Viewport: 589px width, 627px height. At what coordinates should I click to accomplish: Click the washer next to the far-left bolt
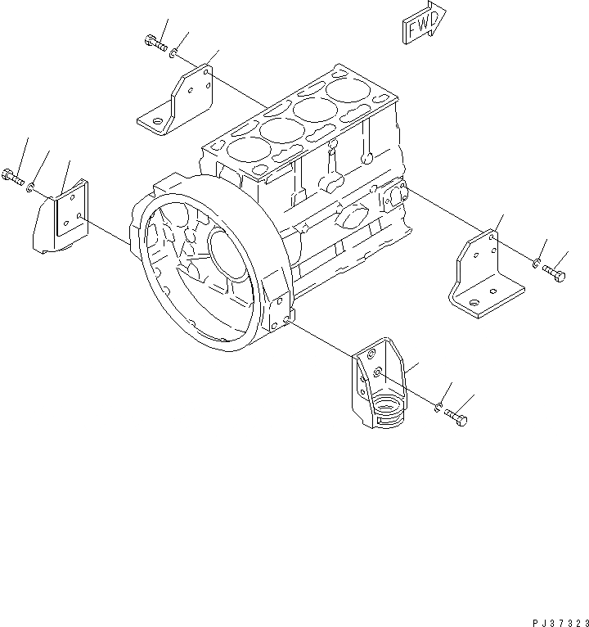[30, 187]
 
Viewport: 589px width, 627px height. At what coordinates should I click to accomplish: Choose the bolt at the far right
[555, 274]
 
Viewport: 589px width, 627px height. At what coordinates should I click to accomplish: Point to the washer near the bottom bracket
[439, 407]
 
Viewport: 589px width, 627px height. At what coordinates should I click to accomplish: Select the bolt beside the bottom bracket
[457, 419]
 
